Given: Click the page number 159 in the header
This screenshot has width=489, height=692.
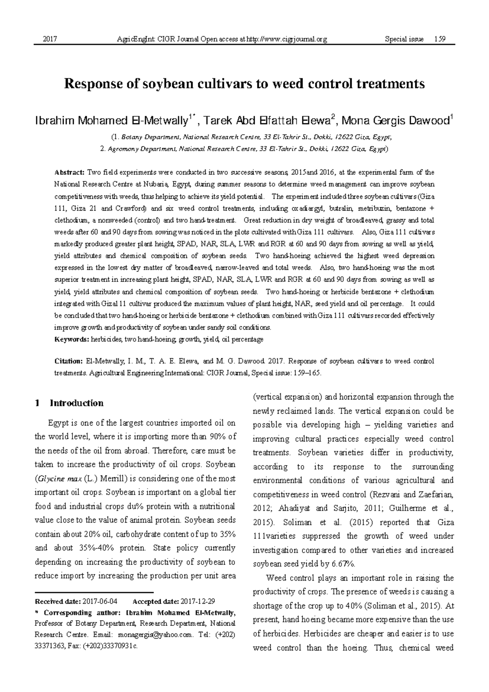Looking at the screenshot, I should (x=440, y=39).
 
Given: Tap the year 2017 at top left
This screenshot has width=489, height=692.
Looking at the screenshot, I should (x=49, y=39).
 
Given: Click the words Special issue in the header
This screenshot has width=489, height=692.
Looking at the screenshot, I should (x=404, y=39).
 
